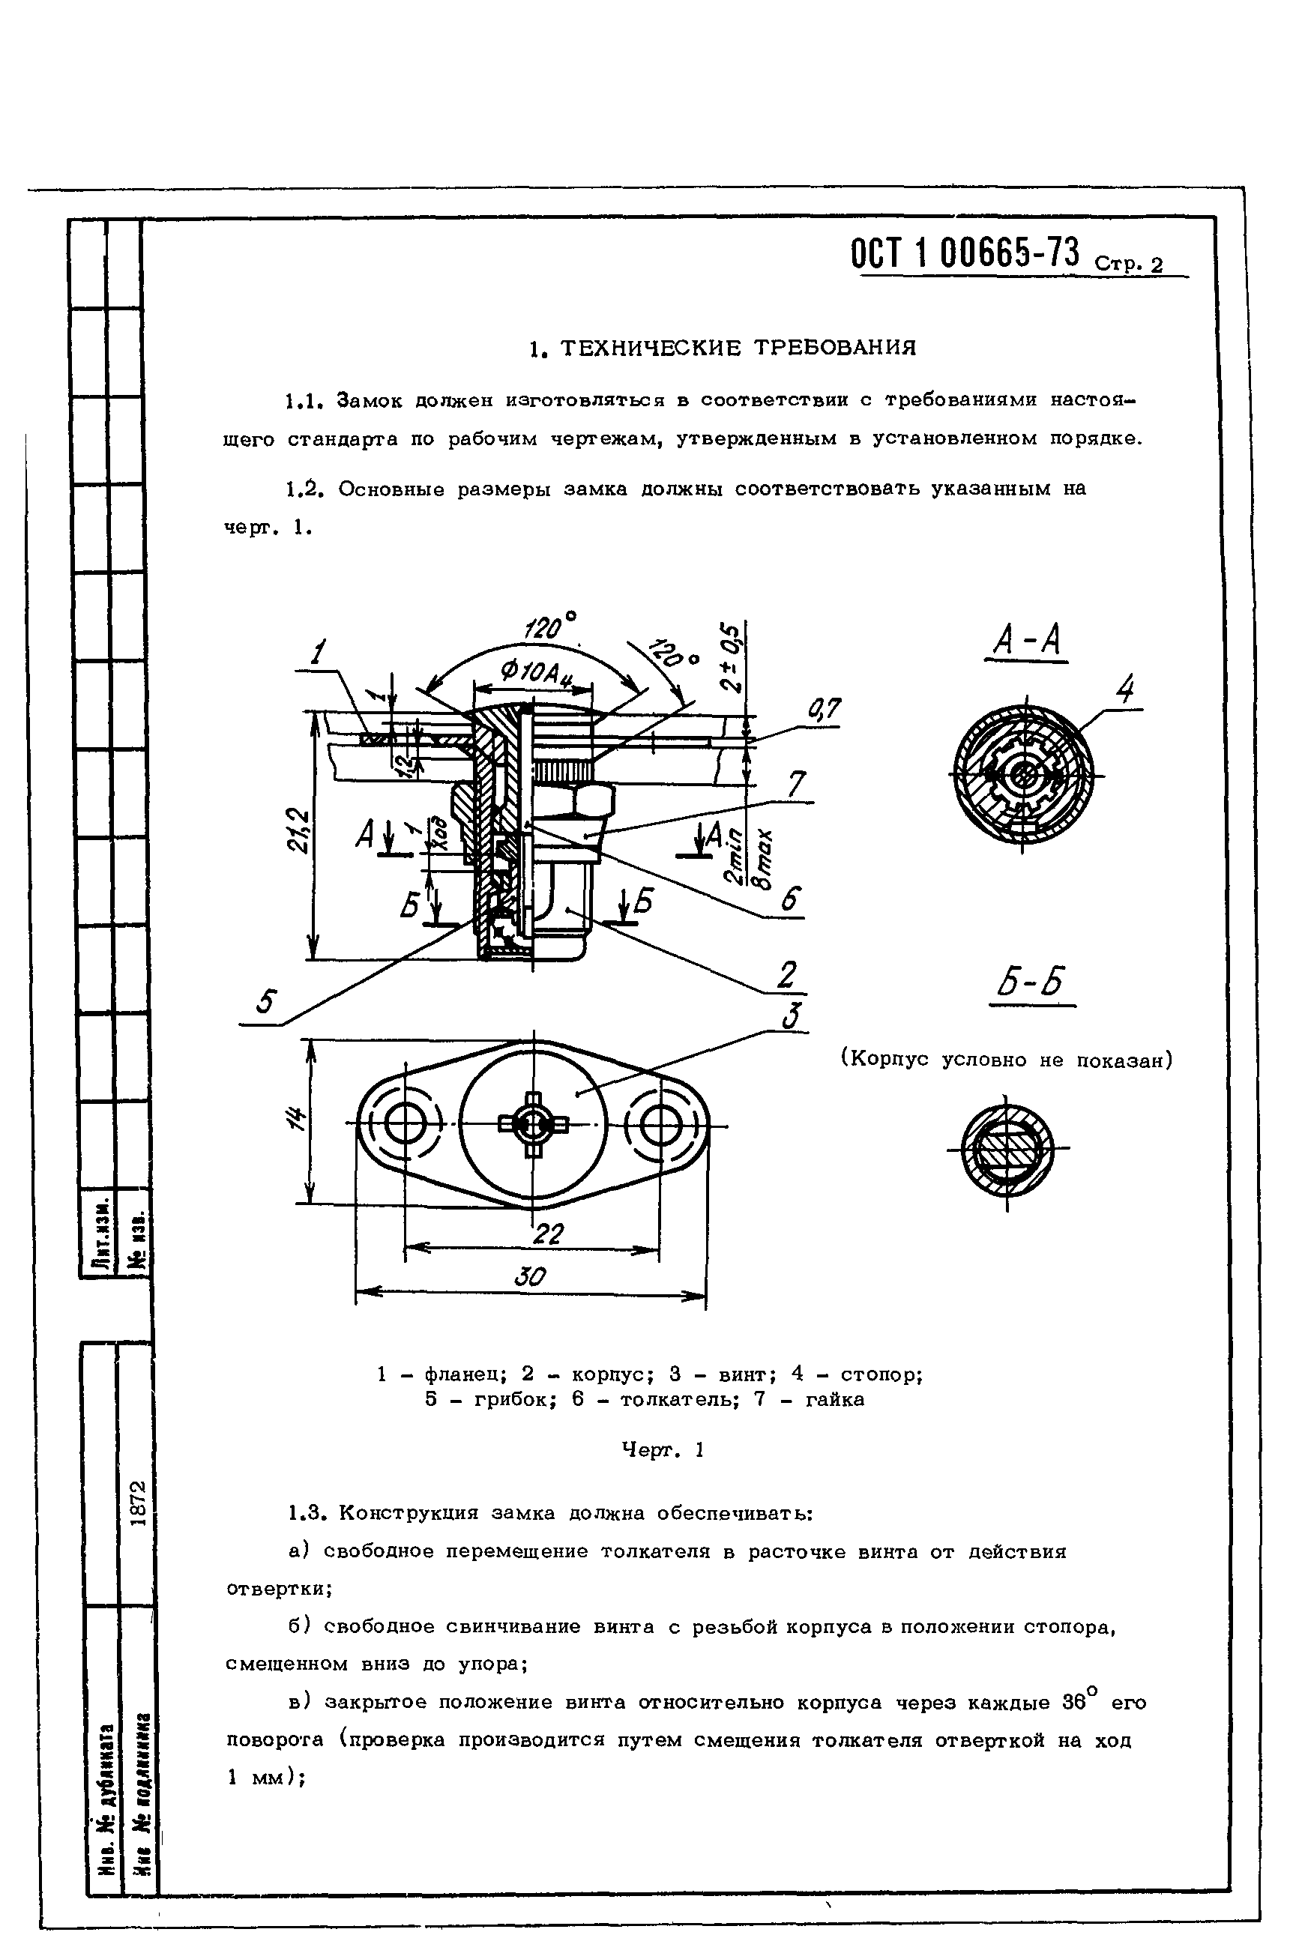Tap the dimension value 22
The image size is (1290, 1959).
coord(548,1233)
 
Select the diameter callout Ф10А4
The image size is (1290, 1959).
coord(535,673)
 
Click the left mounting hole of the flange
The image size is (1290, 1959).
coord(404,1125)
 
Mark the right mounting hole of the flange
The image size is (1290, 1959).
coord(660,1125)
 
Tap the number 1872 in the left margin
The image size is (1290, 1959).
coord(137,1503)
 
